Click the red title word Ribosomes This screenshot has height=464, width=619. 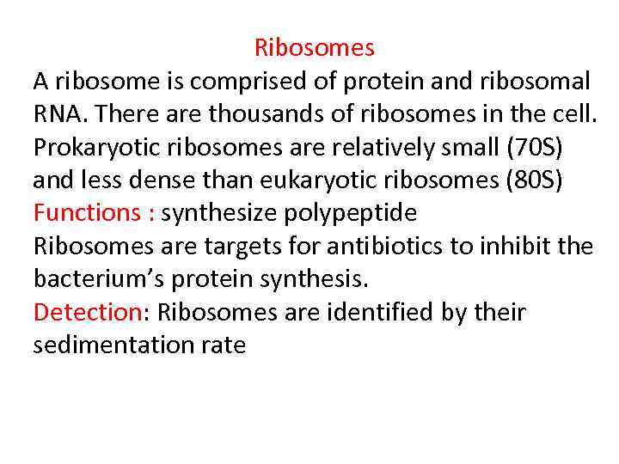[315, 47]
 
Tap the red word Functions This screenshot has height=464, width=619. [88, 213]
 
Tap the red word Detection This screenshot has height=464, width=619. [86, 312]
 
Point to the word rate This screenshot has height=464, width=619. [227, 346]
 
